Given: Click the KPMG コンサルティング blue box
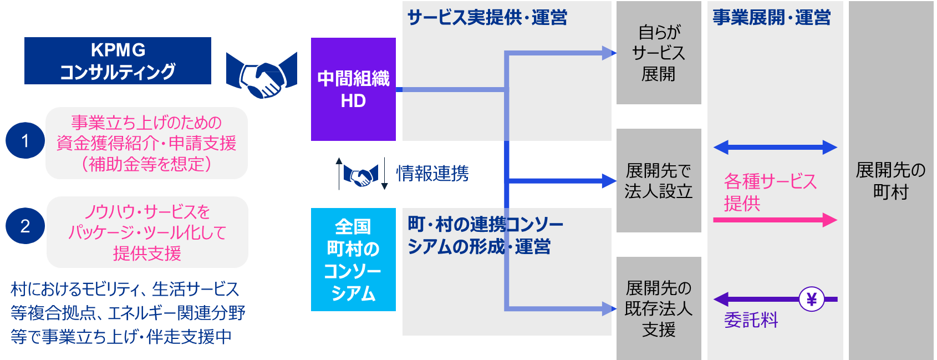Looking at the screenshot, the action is (x=118, y=60).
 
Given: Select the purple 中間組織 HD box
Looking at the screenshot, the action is (x=353, y=89).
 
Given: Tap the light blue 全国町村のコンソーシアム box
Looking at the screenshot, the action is (x=353, y=260).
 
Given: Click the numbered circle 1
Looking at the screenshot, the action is (x=25, y=140).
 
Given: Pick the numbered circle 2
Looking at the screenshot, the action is (x=25, y=226).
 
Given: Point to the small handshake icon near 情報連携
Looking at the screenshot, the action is (x=361, y=175).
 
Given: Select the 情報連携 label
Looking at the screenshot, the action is (x=432, y=173).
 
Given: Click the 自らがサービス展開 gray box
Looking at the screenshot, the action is (x=659, y=53).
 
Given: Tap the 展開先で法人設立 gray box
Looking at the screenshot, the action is (x=659, y=180).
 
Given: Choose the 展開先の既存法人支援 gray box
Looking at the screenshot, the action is (x=659, y=308).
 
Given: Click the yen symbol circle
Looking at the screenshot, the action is (x=812, y=300).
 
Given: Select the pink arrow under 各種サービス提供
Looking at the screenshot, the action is (x=775, y=220).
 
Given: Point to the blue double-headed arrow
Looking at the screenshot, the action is (x=775, y=148).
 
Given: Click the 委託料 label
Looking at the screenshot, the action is (x=751, y=320).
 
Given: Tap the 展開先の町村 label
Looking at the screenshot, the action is (x=890, y=181).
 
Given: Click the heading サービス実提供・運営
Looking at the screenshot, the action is (x=487, y=18).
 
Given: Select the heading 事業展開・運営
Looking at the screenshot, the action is (x=772, y=18).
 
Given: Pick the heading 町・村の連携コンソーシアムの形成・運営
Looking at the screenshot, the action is (x=485, y=235).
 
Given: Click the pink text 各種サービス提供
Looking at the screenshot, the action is (x=770, y=192).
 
